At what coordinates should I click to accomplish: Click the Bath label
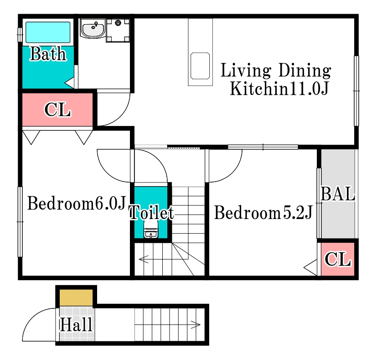(x=48, y=54)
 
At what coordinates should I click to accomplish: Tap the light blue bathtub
(x=48, y=32)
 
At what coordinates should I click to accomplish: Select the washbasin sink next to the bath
(x=93, y=29)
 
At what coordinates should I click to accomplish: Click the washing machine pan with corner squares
(x=118, y=30)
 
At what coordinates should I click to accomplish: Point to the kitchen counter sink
(x=200, y=66)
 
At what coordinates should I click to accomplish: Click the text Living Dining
(x=276, y=71)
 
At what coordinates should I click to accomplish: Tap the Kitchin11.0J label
(x=279, y=89)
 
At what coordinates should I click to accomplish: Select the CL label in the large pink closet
(x=57, y=110)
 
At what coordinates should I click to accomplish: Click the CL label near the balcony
(x=337, y=259)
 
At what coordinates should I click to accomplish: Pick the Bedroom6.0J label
(x=77, y=203)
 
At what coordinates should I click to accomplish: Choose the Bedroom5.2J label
(x=263, y=213)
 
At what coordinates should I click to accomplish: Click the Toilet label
(x=151, y=212)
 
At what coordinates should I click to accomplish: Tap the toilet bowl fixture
(x=151, y=230)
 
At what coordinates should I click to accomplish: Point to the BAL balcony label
(x=338, y=194)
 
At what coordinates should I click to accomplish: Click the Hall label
(x=76, y=324)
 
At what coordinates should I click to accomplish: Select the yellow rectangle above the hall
(x=76, y=297)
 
